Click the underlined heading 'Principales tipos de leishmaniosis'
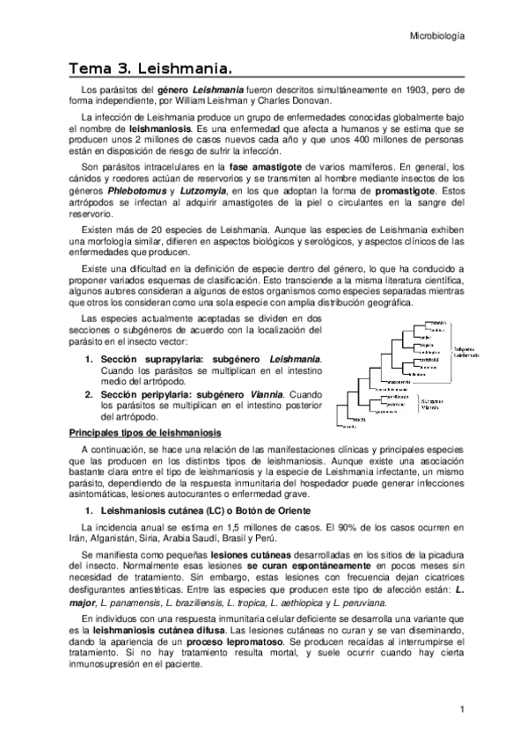pos(145,433)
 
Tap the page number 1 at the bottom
pos(461,709)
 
